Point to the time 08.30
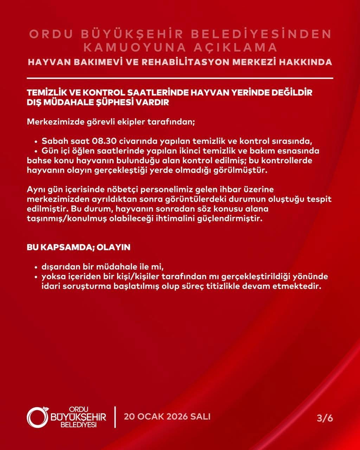pyautogui.click(x=102, y=142)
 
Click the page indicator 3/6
pyautogui.click(x=324, y=418)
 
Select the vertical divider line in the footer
pyautogui.click(x=115, y=417)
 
